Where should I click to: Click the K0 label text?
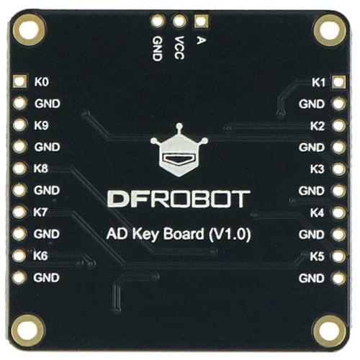42,81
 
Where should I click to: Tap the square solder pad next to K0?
19,81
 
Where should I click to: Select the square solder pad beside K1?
338,82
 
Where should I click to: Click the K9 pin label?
41,125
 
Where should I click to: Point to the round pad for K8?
19,168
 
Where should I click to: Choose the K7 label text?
40,212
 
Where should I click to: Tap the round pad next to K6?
19,256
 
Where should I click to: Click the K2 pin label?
318,126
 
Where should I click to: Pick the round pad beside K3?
338,168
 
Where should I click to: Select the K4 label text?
317,212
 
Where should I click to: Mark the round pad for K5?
338,256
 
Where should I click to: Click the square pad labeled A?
201,21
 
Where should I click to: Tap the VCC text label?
179,48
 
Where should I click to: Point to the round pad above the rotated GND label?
158,20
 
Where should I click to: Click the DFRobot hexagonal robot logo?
179,150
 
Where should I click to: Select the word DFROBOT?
179,199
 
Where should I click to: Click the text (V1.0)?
230,234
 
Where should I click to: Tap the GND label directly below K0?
47,104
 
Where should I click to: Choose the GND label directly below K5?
312,278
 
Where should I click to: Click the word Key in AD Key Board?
145,234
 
